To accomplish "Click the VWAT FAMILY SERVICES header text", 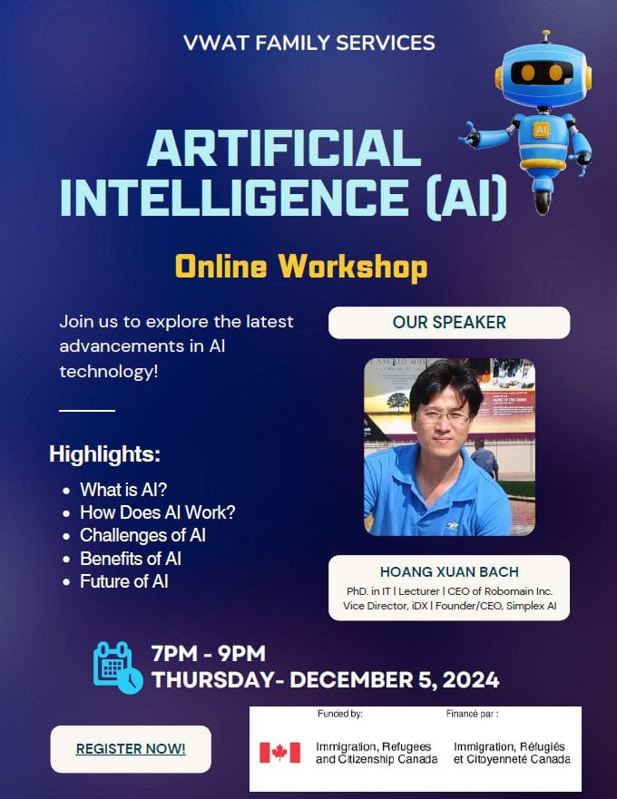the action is tap(309, 43).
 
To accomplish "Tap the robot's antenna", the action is tap(546, 36).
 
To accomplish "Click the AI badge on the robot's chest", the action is tap(541, 130).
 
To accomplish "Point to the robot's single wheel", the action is tap(543, 201).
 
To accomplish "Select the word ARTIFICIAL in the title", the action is tap(284, 149).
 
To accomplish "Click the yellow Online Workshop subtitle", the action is tap(301, 266).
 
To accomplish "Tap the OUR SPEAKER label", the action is tap(449, 322).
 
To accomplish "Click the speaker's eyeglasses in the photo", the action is tap(443, 417).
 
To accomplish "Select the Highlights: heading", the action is tap(104, 453).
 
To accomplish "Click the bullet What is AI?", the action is tap(123, 489).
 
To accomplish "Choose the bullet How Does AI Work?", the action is tap(158, 512).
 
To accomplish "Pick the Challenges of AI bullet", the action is tap(142, 535).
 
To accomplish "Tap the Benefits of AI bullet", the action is tap(131, 559).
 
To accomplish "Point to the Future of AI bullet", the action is tap(124, 581).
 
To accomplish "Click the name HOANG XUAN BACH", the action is tap(449, 571).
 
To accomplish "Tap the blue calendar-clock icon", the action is tap(118, 667).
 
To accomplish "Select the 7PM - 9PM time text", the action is tap(209, 653).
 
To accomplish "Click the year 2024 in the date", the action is tap(471, 680).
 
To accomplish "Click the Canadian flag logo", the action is tap(279, 752).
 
